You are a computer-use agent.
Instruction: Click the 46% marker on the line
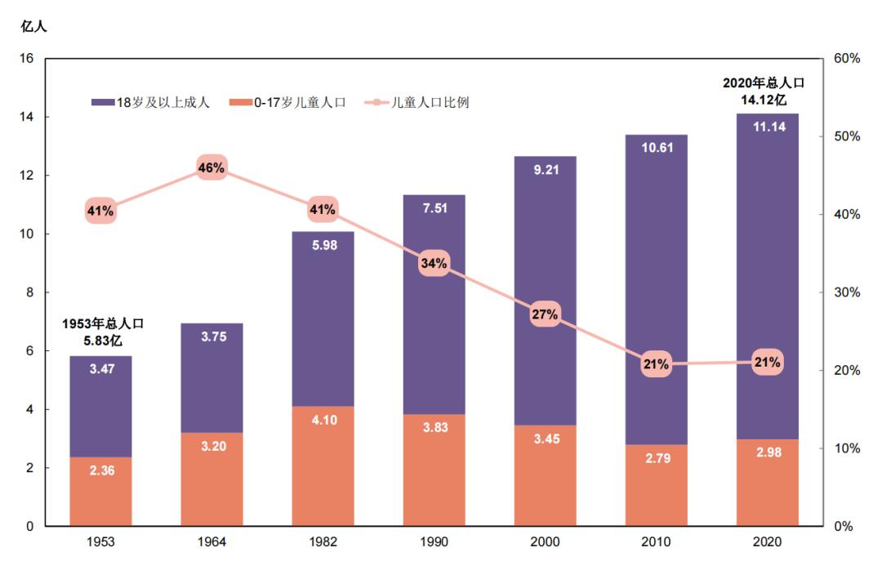point(211,168)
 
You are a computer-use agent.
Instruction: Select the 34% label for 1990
point(434,263)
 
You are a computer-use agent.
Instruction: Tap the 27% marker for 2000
point(545,314)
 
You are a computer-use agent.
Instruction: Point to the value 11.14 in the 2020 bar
point(767,127)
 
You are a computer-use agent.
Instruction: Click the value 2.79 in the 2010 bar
point(657,458)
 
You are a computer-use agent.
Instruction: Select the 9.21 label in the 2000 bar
point(545,171)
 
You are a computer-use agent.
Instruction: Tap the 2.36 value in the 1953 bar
point(100,470)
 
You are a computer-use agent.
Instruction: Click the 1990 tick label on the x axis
point(434,541)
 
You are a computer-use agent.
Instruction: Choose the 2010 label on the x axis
point(657,541)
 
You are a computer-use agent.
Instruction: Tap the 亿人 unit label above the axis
point(33,26)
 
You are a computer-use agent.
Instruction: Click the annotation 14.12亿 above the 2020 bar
point(764,100)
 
